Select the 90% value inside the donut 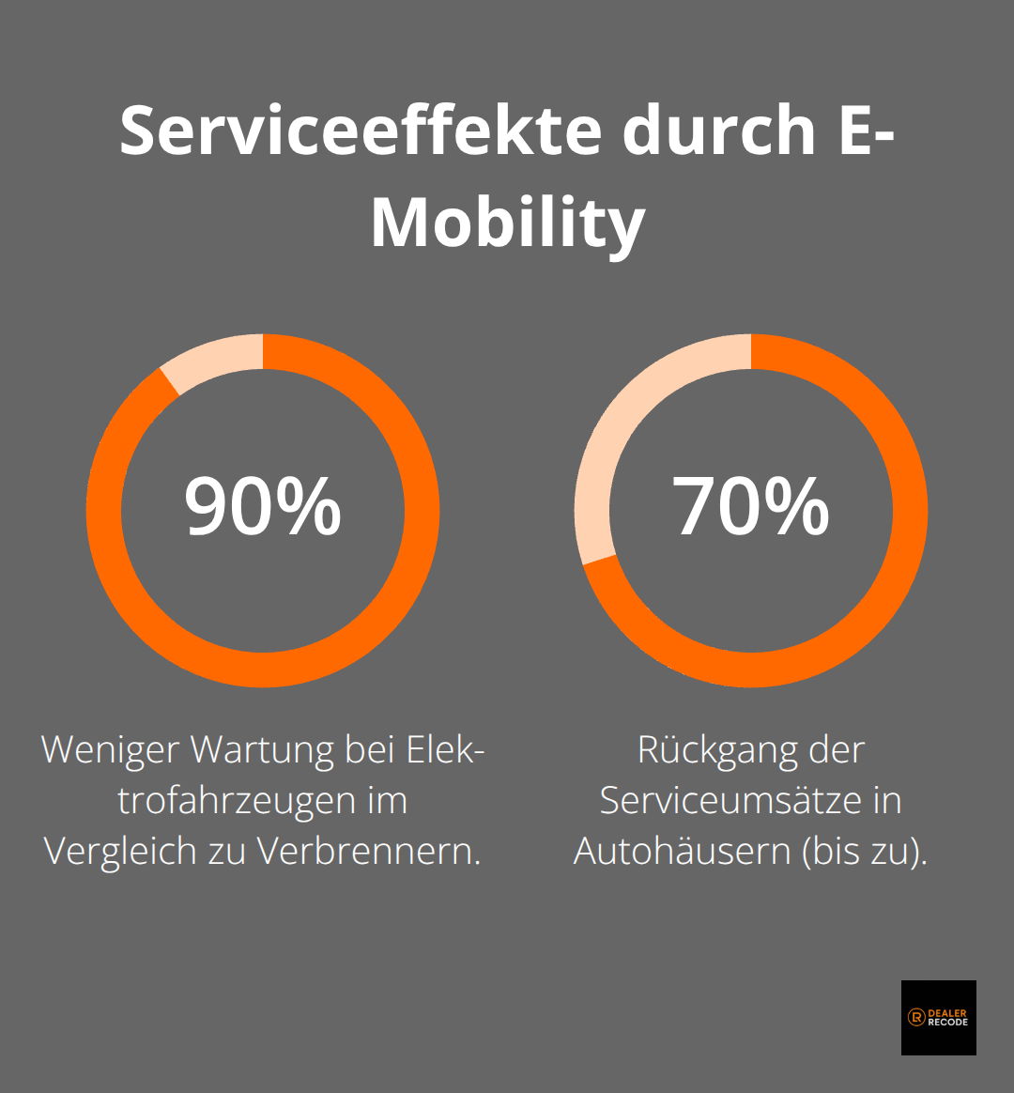point(263,507)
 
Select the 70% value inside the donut point(751,507)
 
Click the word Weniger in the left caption point(111,750)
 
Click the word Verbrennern point(369,851)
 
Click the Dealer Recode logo point(938,1018)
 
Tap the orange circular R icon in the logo point(916,1018)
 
